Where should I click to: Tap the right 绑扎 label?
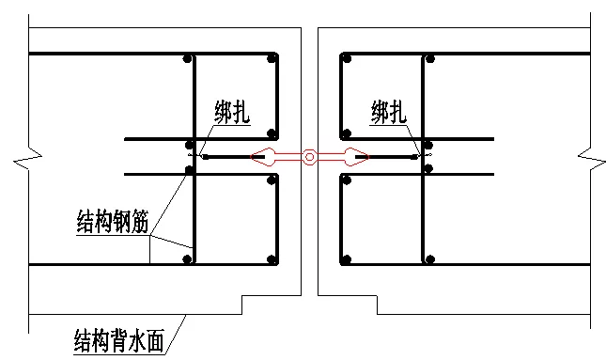(388, 115)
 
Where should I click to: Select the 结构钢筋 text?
(112, 223)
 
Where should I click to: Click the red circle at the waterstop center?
(309, 157)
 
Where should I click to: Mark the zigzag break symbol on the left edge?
(23, 157)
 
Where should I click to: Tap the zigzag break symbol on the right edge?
(586, 156)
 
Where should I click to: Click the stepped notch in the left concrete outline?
(242, 304)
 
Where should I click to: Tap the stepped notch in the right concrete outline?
(376, 304)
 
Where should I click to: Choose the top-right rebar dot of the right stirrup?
(429, 59)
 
